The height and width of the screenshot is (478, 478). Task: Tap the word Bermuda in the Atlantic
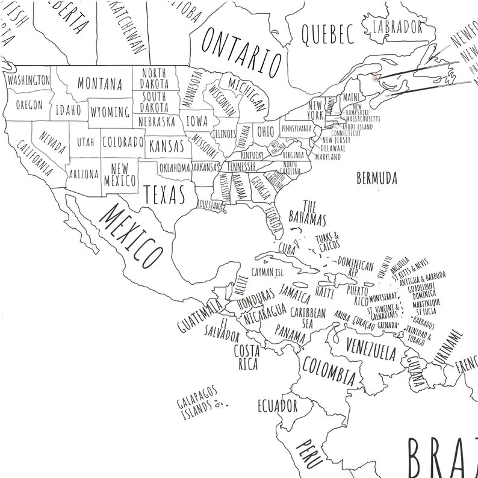(x=377, y=178)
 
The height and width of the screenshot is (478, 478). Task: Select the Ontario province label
(x=241, y=52)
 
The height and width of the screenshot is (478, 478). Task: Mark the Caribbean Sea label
(x=308, y=318)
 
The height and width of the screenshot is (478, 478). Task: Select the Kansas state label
(x=166, y=146)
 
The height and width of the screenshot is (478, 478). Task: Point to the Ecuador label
(x=278, y=404)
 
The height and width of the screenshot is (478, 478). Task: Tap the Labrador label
(x=397, y=26)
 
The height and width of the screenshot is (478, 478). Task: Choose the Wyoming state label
(x=110, y=112)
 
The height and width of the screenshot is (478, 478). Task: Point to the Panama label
(x=290, y=332)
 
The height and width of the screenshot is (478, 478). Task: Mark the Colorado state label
(x=123, y=143)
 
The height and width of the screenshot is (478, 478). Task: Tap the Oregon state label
(x=29, y=105)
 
